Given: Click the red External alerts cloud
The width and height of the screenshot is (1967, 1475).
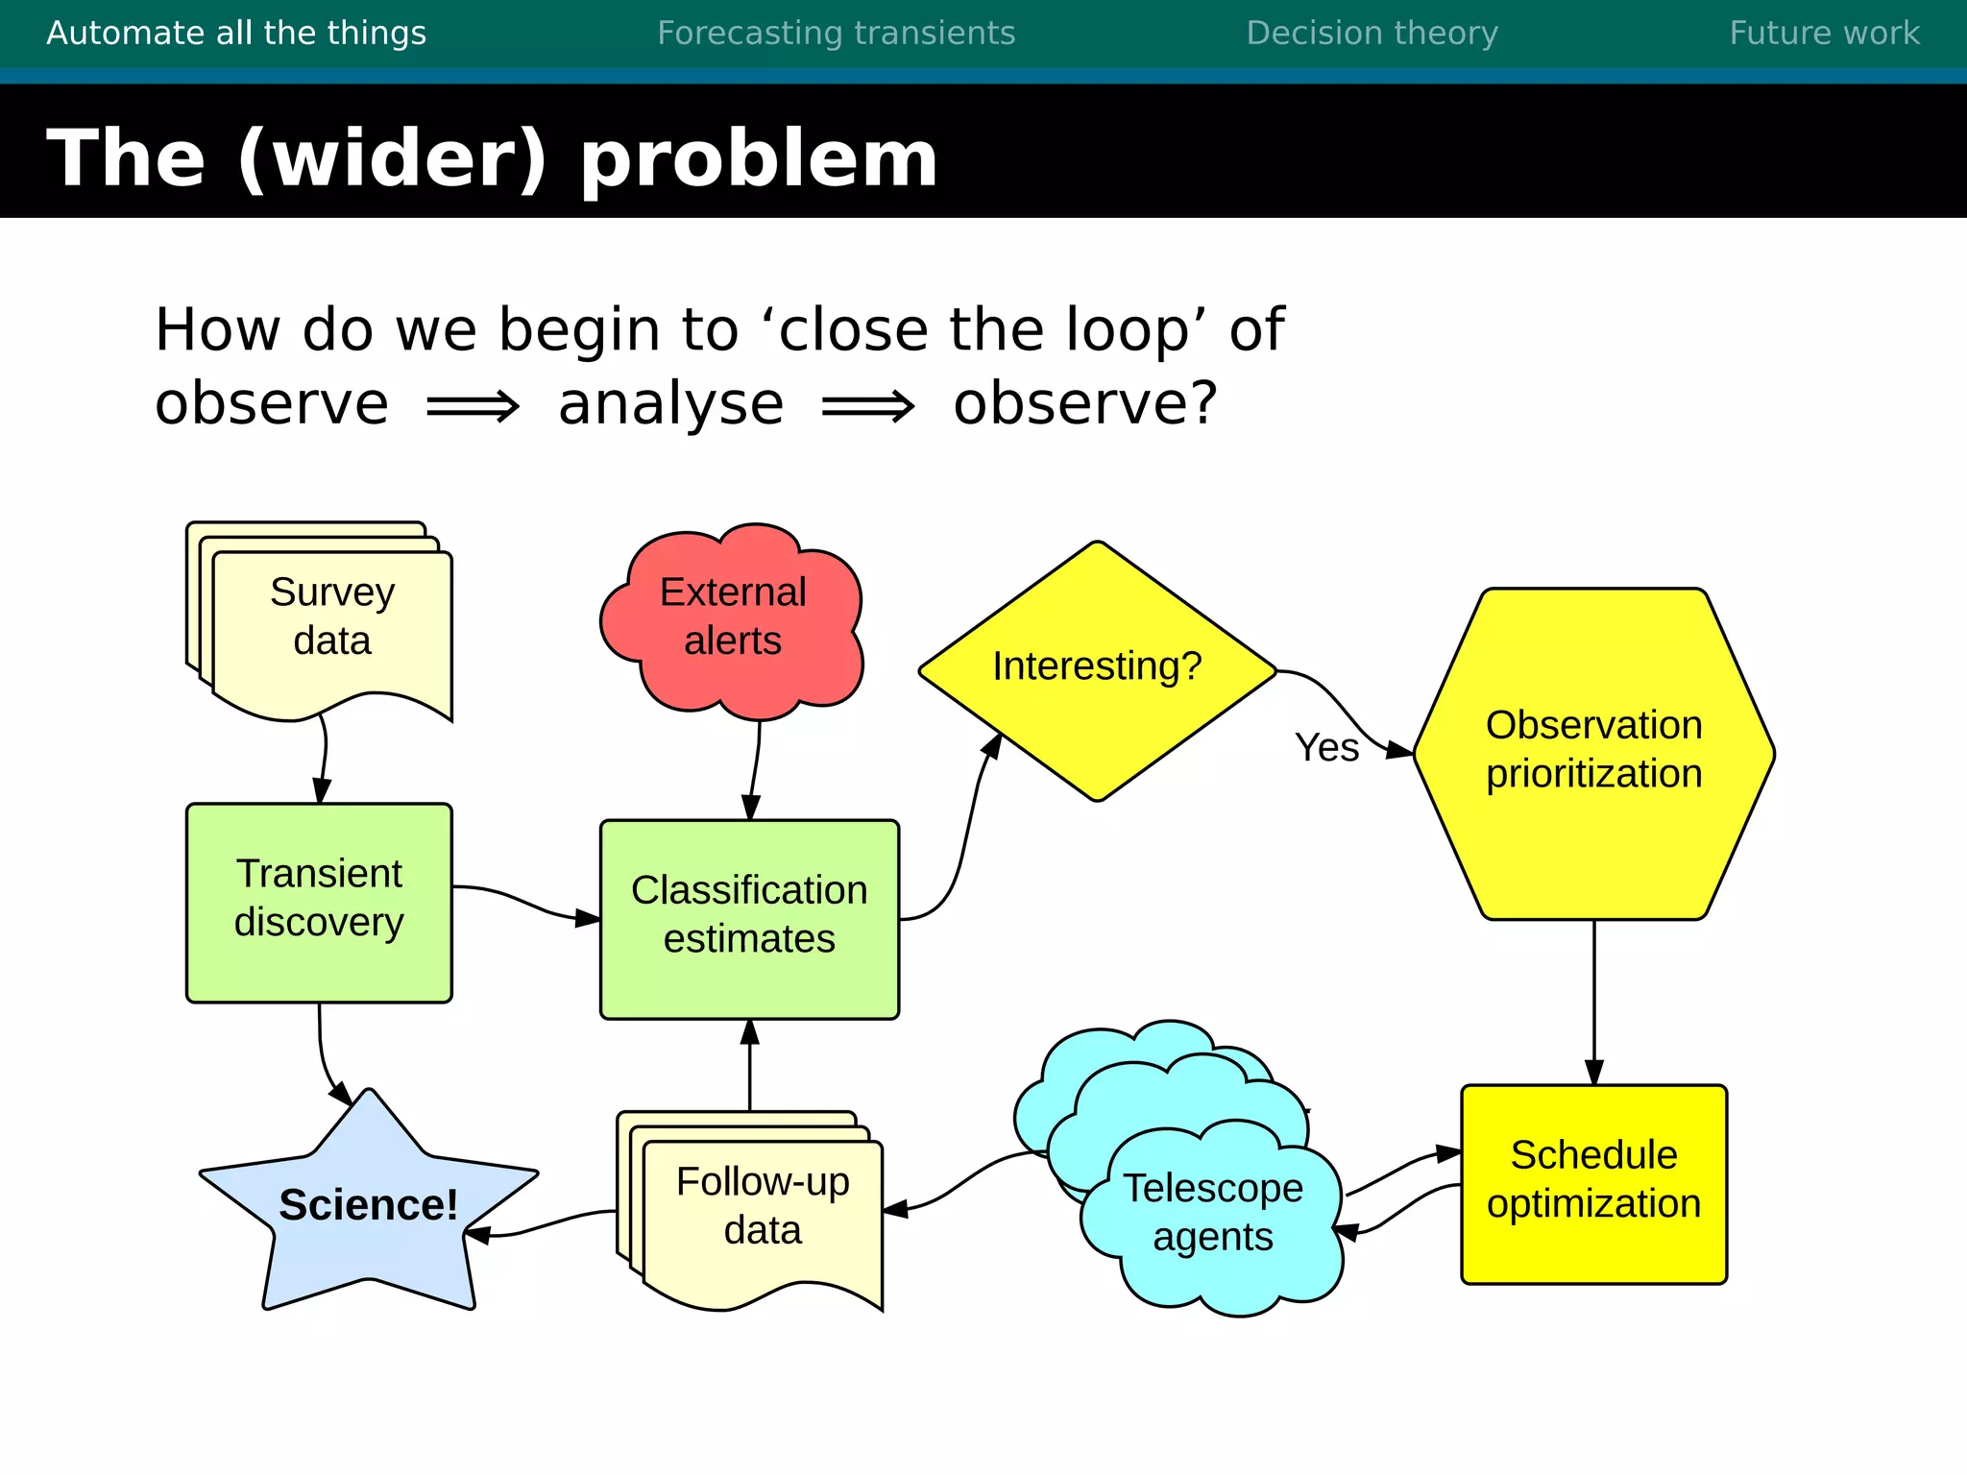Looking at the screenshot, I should click(x=732, y=619).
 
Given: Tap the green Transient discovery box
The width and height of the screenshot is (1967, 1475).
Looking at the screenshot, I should click(x=319, y=901).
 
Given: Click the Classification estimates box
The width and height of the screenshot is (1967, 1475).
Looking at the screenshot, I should click(x=749, y=917).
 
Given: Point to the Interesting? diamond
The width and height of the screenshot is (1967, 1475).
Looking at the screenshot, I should click(x=1097, y=667).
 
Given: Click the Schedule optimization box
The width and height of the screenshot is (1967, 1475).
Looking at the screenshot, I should click(x=1593, y=1181).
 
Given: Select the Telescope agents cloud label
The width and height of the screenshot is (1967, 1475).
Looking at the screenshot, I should click(x=1212, y=1212).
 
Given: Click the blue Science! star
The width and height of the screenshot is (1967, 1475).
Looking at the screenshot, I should click(x=368, y=1206).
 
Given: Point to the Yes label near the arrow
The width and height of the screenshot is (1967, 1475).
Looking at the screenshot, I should click(x=1326, y=748).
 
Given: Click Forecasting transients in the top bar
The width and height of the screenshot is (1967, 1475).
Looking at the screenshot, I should click(x=836, y=34).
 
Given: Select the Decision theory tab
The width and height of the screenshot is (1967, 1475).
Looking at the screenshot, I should click(x=1372, y=34).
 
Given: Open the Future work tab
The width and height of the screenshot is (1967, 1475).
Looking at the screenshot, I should click(x=1824, y=34).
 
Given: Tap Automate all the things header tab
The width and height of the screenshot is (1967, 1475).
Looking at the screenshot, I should click(x=236, y=34).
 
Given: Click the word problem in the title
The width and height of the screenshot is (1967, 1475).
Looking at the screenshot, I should click(x=759, y=158).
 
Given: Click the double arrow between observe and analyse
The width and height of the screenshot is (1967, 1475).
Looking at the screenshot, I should click(x=473, y=406).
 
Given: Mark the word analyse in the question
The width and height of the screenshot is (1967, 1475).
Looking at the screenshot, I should click(x=670, y=404).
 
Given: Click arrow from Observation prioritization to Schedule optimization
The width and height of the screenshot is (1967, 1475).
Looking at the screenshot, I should click(x=1593, y=1003).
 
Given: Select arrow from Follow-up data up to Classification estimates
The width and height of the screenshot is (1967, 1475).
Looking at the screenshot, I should click(x=750, y=1066).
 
